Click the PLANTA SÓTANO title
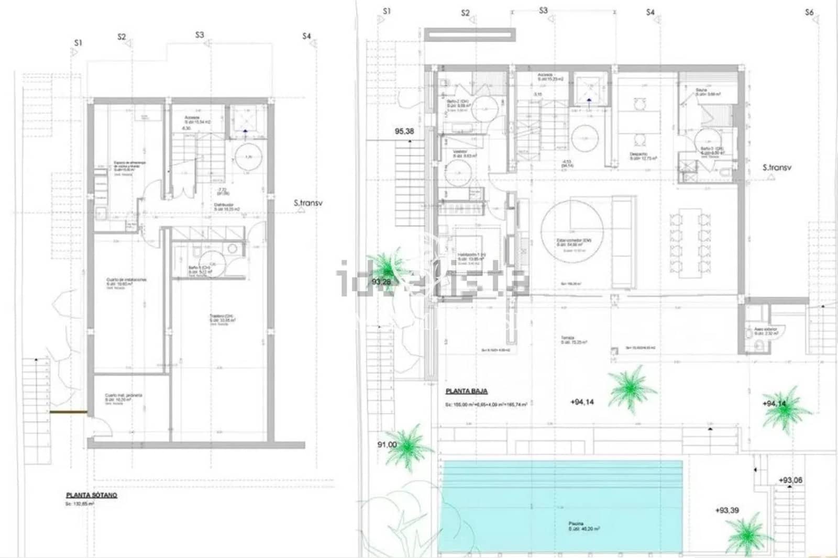pyautogui.click(x=91, y=495)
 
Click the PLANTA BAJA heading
pyautogui.click(x=466, y=391)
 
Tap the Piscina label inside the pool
pyautogui.click(x=576, y=524)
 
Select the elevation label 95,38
pyautogui.click(x=404, y=131)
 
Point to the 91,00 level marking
pyautogui.click(x=387, y=444)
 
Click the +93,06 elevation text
pyautogui.click(x=790, y=480)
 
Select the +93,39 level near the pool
pyautogui.click(x=726, y=510)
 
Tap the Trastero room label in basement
pyautogui.click(x=221, y=317)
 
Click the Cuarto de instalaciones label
pyautogui.click(x=126, y=280)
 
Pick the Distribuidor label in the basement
pyautogui.click(x=224, y=205)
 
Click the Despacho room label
pyautogui.click(x=638, y=154)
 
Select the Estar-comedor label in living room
pyautogui.click(x=573, y=240)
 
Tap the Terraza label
pyautogui.click(x=567, y=338)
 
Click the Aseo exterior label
pyautogui.click(x=765, y=329)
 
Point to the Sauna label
pyautogui.click(x=701, y=90)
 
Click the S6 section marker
pyautogui.click(x=809, y=12)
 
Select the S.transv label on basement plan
pyautogui.click(x=307, y=203)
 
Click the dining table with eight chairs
pyautogui.click(x=690, y=242)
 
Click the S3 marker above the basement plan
pyautogui.click(x=199, y=35)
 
